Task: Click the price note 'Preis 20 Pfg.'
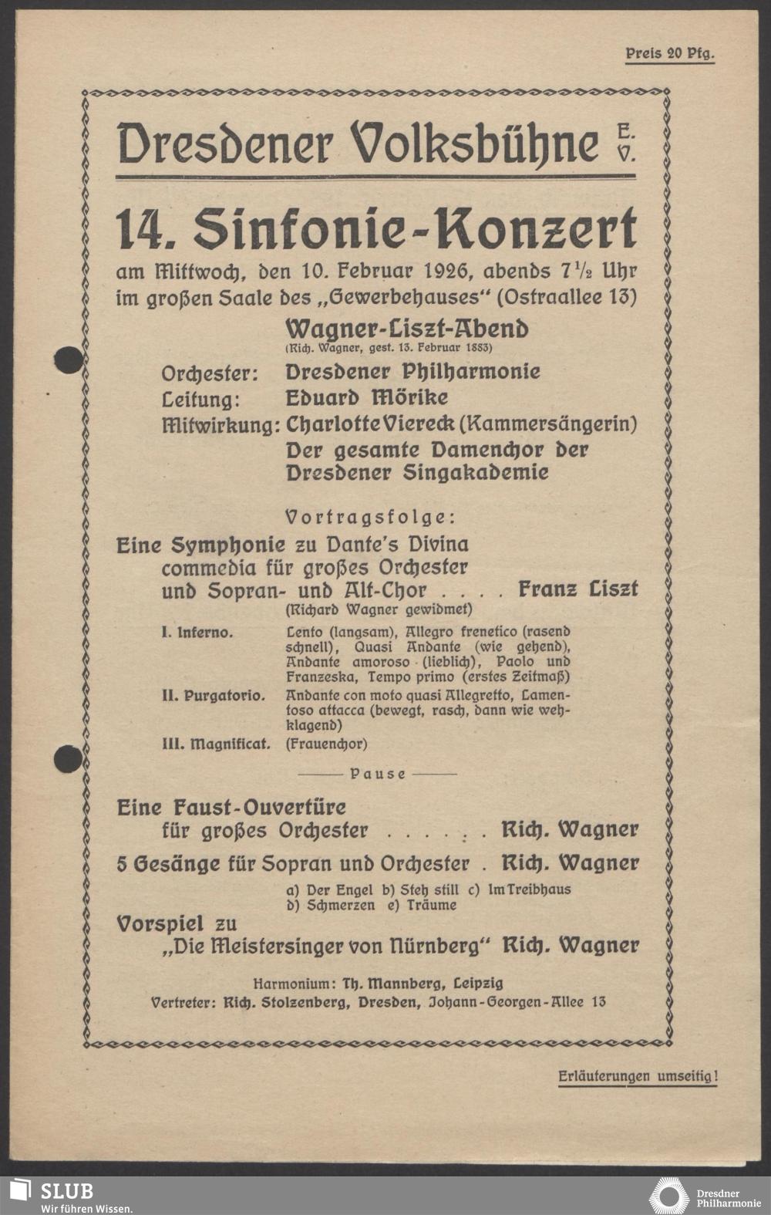click(669, 54)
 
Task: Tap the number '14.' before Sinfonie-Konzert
click(148, 230)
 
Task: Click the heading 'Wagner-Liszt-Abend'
click(406, 329)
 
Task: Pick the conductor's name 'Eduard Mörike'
click(366, 398)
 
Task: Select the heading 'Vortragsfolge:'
click(370, 516)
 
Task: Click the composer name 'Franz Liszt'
click(577, 589)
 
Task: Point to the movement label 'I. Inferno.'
click(197, 633)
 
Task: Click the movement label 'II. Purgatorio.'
click(214, 695)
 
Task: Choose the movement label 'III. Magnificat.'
click(216, 744)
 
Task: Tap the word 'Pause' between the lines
click(378, 773)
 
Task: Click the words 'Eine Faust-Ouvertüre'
click(231, 808)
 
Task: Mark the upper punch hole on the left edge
click(68, 359)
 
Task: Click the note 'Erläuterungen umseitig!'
click(637, 1076)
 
